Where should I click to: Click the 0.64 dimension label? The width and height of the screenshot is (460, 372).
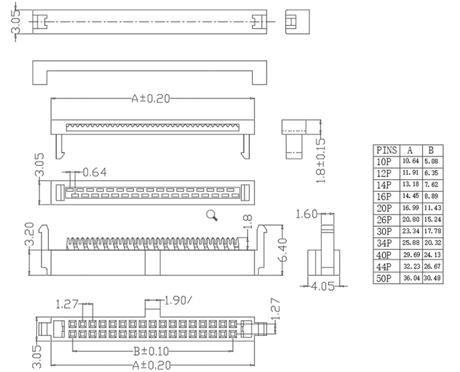96,172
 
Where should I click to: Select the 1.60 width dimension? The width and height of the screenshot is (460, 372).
306,215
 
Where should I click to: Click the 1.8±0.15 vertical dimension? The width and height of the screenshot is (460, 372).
321,160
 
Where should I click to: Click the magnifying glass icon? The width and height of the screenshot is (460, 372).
212,216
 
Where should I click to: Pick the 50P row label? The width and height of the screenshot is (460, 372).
382,279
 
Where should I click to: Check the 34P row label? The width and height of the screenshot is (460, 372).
382,243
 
